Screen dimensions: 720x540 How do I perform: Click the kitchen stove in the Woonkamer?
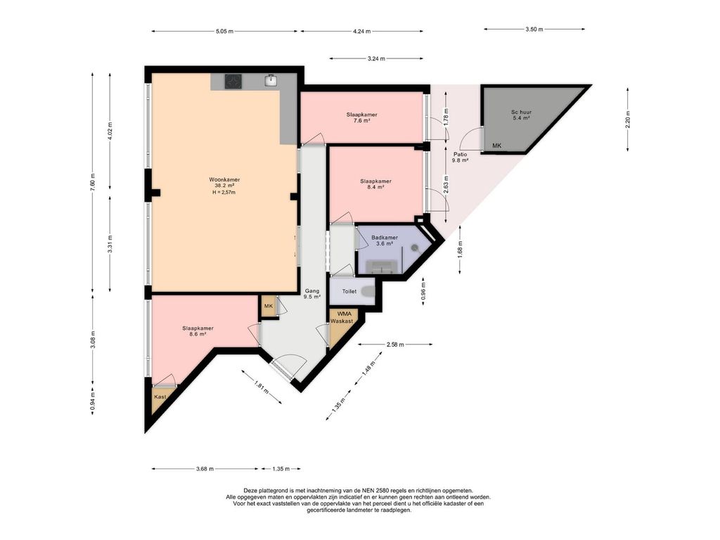click(233, 82)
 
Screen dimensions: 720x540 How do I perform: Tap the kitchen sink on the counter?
click(271, 81)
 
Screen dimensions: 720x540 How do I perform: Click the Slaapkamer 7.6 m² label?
click(362, 117)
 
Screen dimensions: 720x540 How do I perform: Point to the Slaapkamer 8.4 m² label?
click(375, 184)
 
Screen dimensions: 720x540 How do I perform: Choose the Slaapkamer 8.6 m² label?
click(198, 331)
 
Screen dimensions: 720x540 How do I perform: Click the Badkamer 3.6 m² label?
click(385, 240)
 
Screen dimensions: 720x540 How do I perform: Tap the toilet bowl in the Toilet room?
click(367, 291)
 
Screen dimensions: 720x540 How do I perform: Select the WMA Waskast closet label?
click(342, 317)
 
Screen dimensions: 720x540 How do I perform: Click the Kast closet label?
click(160, 397)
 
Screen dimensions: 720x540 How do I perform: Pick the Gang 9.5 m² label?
click(312, 294)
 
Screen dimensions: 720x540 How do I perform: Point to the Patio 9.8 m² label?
click(460, 157)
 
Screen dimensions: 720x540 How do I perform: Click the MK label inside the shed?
click(497, 146)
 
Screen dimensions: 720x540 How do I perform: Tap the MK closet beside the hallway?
click(269, 307)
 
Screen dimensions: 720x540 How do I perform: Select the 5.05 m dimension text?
click(224, 31)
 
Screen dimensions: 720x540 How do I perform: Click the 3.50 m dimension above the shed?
click(534, 29)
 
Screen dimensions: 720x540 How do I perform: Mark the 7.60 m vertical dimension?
click(93, 182)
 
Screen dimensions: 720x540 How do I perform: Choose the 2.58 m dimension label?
click(395, 345)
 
